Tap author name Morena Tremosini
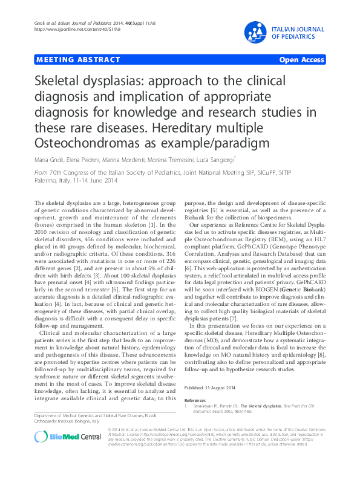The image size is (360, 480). point(163,160)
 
